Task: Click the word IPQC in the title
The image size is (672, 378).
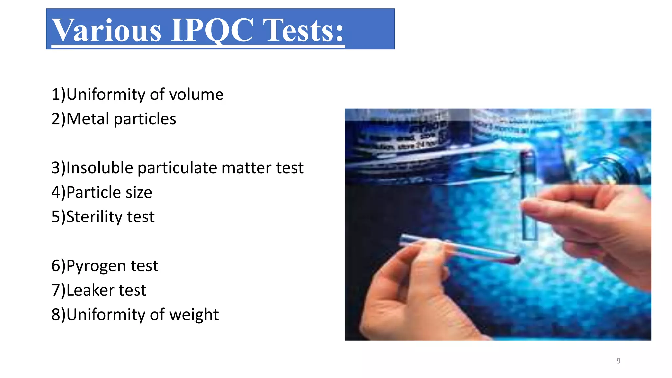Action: [x=212, y=30]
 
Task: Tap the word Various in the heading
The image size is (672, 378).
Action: [x=107, y=30]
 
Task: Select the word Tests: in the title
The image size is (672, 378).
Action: [x=304, y=30]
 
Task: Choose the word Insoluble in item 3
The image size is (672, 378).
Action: [x=100, y=168]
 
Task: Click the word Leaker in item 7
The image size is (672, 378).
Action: [x=90, y=290]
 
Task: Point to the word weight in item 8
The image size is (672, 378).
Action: [x=194, y=315]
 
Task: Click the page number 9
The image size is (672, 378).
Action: [x=618, y=361]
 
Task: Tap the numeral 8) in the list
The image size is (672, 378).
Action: [x=58, y=315]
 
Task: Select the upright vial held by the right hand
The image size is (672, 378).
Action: [x=528, y=197]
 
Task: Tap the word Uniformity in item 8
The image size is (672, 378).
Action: [x=106, y=315]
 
